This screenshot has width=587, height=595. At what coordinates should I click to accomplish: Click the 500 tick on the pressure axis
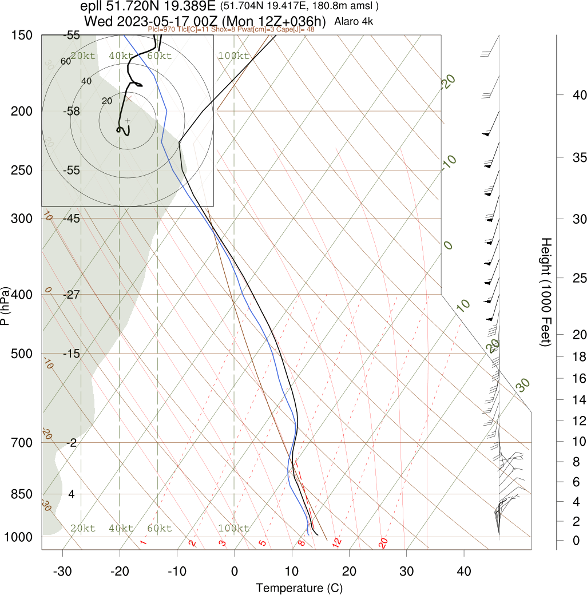(22, 354)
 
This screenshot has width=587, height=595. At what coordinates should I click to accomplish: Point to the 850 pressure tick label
(22, 494)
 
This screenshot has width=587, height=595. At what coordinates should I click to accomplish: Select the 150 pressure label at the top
(22, 35)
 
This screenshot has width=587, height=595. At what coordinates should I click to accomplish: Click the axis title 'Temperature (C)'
(299, 588)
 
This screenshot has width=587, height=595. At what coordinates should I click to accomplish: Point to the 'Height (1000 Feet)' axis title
(545, 292)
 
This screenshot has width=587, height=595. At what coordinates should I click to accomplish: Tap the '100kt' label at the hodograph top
(233, 56)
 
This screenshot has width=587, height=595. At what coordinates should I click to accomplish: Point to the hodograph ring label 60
(65, 62)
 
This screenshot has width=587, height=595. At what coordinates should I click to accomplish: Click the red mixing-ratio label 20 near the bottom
(383, 542)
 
